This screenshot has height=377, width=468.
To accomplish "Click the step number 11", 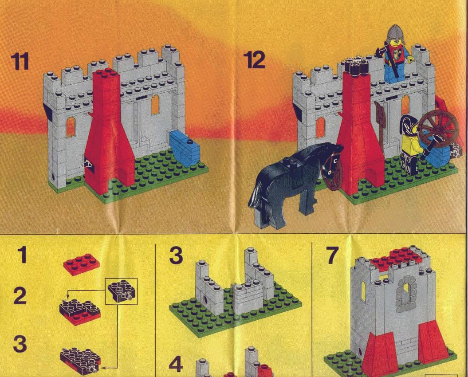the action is (x=20, y=61).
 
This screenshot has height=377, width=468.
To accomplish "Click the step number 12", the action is (x=255, y=60).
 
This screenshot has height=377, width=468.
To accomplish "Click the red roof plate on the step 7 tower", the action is (x=397, y=257).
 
